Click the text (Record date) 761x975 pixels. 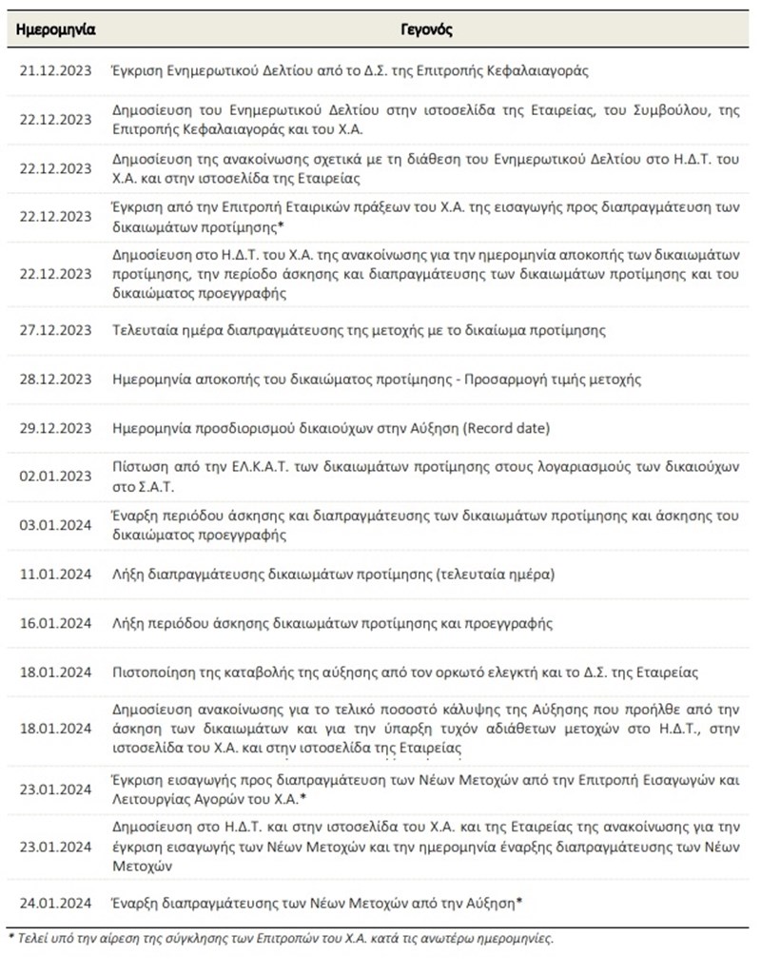505,428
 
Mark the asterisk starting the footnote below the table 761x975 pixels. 10,938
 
